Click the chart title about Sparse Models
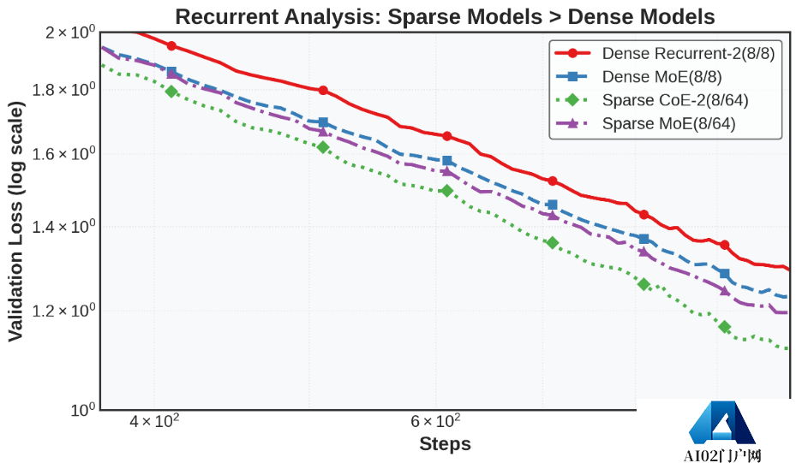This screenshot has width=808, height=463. pos(445,16)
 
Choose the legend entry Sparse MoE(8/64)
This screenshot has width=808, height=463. pos(668,123)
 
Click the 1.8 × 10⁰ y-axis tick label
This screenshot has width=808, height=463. pos(63,90)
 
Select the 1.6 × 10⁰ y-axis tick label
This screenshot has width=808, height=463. pos(63,154)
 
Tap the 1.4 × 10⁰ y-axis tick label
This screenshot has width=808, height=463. pos(63,227)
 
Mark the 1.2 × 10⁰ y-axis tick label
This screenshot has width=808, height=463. pos(63,311)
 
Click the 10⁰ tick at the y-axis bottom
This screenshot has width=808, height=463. pos(83,410)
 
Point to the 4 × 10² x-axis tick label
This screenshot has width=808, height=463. pos(154,421)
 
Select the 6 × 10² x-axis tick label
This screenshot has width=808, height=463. pos(435,421)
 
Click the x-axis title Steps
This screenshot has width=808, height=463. pos(445,444)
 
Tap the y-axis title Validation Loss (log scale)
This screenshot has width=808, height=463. pos(16,221)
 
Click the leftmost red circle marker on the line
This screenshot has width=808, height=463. pos(171,46)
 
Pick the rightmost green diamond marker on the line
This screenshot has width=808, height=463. pos(724,327)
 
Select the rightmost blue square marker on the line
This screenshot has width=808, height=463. pos(724,274)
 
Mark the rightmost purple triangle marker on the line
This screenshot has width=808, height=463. pos(724,290)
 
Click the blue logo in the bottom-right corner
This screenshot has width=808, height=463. pos(721,423)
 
